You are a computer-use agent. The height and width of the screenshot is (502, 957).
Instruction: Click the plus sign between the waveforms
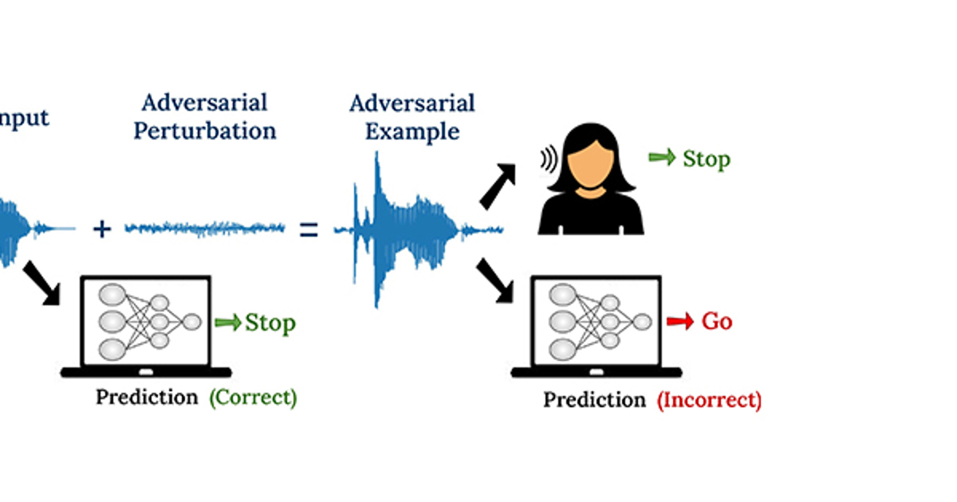click(101, 229)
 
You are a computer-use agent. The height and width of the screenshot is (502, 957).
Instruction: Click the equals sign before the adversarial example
click(309, 230)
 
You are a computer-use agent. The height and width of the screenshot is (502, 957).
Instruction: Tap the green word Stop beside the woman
click(706, 159)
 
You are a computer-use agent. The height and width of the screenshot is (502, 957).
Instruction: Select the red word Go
click(716, 322)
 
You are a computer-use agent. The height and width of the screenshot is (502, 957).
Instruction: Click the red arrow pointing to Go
click(680, 321)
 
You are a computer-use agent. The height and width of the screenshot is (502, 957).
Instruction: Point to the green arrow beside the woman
click(661, 158)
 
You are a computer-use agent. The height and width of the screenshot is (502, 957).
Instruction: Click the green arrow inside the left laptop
click(227, 323)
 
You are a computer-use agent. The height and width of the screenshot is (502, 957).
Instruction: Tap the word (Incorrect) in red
click(709, 400)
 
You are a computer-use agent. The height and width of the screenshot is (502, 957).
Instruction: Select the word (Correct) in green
click(253, 397)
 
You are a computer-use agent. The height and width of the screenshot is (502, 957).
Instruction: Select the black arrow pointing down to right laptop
click(494, 281)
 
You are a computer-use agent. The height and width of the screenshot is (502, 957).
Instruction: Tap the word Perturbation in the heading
click(204, 131)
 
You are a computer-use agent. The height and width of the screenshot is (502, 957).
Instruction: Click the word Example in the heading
click(412, 131)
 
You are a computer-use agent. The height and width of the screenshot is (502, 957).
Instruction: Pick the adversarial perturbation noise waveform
click(205, 229)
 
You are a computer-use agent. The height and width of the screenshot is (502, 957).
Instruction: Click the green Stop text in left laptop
click(270, 323)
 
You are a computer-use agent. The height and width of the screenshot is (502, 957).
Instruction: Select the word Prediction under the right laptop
click(594, 400)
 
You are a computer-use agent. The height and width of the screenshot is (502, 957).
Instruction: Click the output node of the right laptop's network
click(641, 321)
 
